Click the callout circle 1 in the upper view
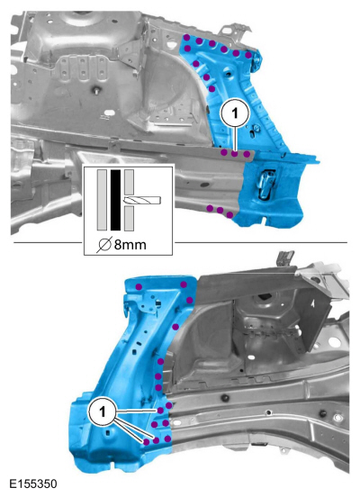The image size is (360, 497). pos(235,113)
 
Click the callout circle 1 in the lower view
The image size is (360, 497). pos(102,412)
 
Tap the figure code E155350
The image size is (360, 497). pos(33,483)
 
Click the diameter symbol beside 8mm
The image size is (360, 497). pos(103,245)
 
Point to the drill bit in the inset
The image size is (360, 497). pos(143,200)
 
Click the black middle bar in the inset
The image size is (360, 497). pos(116,200)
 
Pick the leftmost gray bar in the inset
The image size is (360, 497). pos(102,200)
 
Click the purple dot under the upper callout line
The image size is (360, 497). pos(235,154)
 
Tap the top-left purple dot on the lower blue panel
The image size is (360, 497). pos(139,287)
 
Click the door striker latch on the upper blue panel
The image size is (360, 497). pos(265,185)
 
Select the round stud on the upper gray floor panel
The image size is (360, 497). pos(96,90)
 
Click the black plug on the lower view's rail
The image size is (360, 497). pos(226,397)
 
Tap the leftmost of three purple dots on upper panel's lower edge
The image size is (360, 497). pos(210,208)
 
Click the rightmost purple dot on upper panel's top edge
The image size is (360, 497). pos(248,55)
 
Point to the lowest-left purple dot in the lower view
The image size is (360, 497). pos(147,442)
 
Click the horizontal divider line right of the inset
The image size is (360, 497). pos(261,243)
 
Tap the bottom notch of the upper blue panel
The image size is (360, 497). pos(265,219)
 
